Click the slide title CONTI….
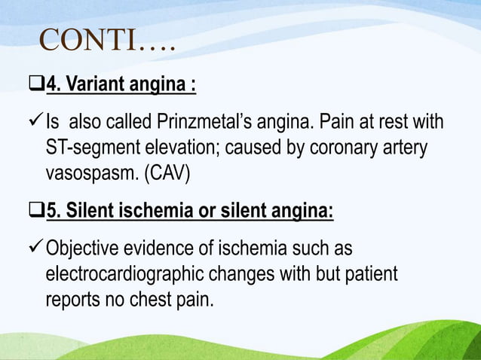click(x=106, y=43)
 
